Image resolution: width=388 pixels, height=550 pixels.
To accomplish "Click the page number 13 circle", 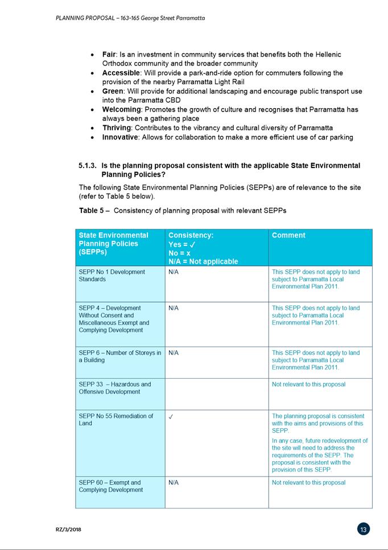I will click(x=364, y=529).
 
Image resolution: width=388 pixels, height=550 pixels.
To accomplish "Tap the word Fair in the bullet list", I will click(x=109, y=55).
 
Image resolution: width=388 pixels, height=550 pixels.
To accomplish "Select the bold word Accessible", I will click(x=121, y=73).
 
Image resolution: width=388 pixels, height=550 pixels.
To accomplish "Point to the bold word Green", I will click(x=112, y=91).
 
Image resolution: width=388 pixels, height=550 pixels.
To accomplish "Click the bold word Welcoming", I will click(x=121, y=109).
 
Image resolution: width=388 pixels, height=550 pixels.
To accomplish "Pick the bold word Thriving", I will click(x=117, y=128).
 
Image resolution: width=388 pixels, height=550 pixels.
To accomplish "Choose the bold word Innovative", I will click(x=120, y=137).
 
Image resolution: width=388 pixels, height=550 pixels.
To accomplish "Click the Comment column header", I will click(x=288, y=235).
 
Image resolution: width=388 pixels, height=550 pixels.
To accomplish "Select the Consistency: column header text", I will click(x=191, y=235).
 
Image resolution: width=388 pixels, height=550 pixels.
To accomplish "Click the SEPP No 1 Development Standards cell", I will click(x=112, y=276).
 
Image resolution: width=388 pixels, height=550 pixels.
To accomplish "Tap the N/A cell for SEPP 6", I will click(x=174, y=353).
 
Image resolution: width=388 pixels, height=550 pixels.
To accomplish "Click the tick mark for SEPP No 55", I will click(x=171, y=417).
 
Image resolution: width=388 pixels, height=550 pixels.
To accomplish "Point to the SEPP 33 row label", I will click(x=115, y=388).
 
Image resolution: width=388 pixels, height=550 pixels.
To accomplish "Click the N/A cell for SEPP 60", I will click(x=174, y=483).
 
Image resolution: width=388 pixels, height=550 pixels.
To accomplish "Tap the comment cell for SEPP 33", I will click(x=308, y=384).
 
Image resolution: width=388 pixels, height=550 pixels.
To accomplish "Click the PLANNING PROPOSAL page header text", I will click(x=130, y=18).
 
